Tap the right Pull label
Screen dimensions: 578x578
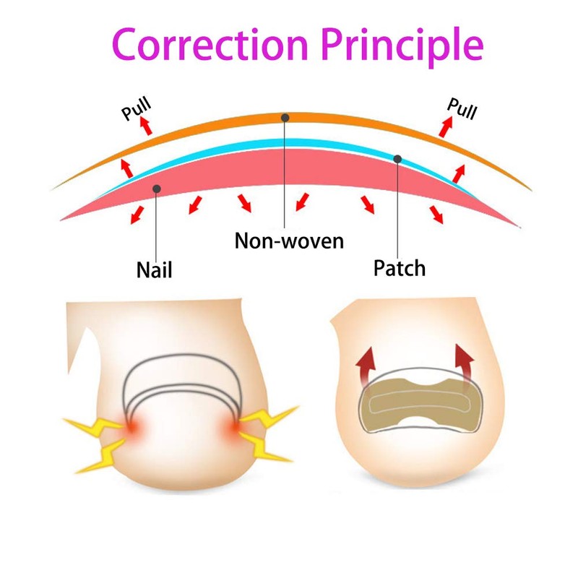pyautogui.click(x=462, y=108)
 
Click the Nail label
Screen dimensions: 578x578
pyautogui.click(x=155, y=271)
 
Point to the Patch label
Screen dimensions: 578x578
pyautogui.click(x=400, y=268)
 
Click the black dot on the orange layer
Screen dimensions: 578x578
pyautogui.click(x=285, y=117)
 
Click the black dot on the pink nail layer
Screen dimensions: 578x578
pyautogui.click(x=157, y=189)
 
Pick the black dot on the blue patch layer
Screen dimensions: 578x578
pyautogui.click(x=397, y=158)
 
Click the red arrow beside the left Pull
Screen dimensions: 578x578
pyautogui.click(x=146, y=126)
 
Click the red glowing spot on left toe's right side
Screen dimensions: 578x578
pyautogui.click(x=238, y=427)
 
